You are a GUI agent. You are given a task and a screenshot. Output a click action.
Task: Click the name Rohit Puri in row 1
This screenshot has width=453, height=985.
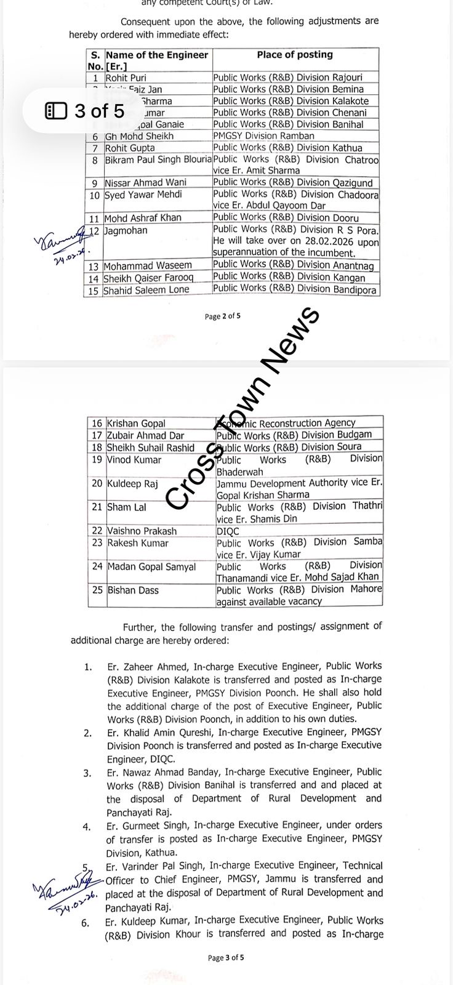[x=126, y=78]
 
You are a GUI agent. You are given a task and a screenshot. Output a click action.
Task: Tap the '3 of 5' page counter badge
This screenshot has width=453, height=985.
[x=85, y=111]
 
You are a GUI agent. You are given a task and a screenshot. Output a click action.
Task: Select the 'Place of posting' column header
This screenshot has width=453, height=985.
[x=295, y=55]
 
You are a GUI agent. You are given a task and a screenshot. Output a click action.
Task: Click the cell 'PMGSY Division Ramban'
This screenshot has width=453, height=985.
[x=263, y=136]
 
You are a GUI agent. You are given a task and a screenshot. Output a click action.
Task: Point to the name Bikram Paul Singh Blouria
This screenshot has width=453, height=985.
[x=158, y=160]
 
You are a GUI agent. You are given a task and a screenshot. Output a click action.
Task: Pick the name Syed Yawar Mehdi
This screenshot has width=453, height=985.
[x=143, y=195]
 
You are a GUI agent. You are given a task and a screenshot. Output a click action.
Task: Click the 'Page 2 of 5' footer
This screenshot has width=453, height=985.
[x=223, y=316]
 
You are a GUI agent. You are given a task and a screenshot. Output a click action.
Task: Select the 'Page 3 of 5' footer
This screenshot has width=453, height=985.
[x=226, y=957]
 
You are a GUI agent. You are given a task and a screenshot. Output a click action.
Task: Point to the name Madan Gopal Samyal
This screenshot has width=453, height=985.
[x=151, y=567]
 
